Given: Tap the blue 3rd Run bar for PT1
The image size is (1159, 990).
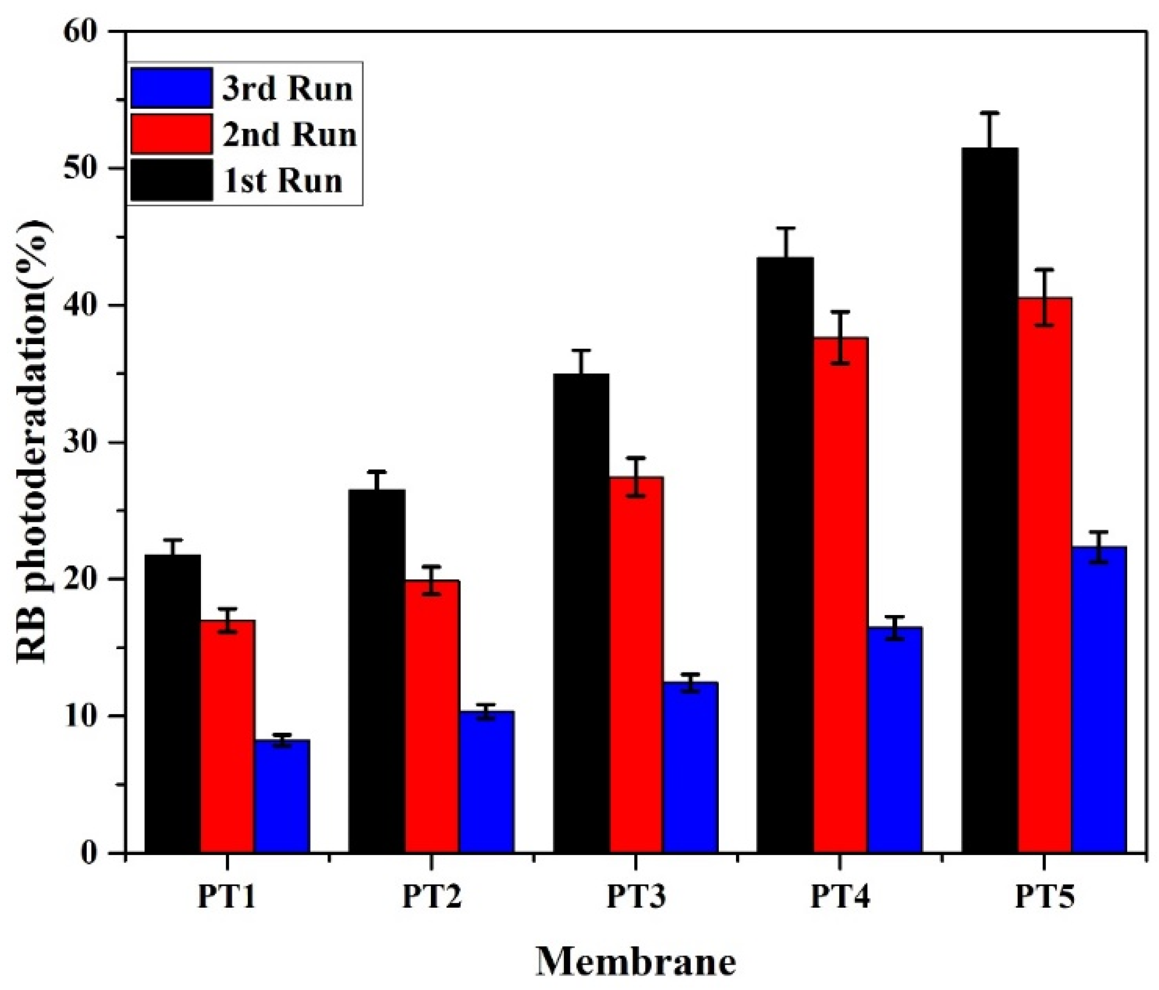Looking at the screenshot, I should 282,797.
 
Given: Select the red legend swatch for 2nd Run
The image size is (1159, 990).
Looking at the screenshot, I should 171,134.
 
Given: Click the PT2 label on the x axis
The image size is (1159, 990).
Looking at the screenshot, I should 432,898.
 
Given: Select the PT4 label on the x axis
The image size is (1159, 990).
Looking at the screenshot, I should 840,898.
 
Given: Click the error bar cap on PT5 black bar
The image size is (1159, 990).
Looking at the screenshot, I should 990,113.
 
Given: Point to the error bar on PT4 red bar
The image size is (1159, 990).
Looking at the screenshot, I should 840,337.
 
